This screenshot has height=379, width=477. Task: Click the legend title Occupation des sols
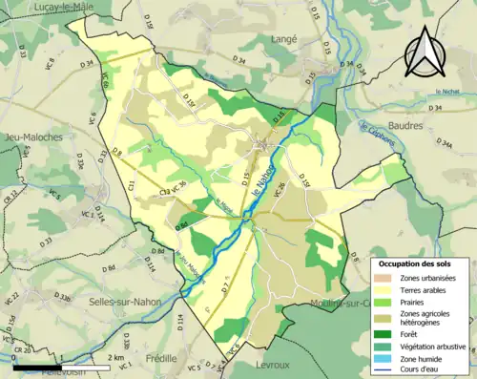pyautogui.click(x=417, y=261)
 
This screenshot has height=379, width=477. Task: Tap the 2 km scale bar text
pyautogui.click(x=116, y=357)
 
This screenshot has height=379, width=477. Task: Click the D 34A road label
pyautogui.click(x=444, y=144)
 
